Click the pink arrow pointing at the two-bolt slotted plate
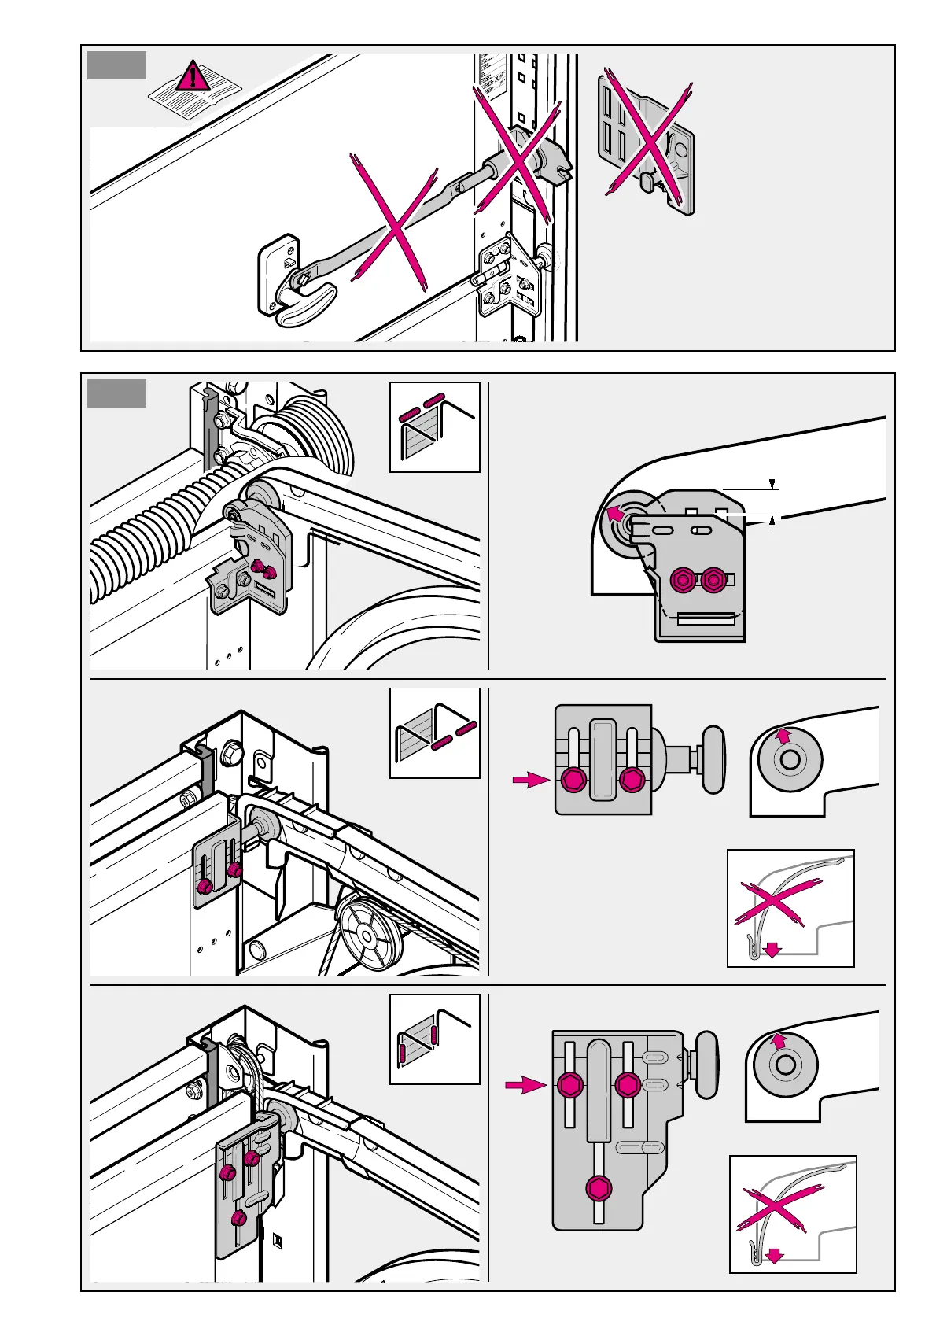(x=529, y=780)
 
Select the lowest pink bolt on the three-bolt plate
(x=599, y=1187)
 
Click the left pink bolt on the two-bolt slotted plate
(x=574, y=781)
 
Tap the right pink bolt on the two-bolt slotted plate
(x=632, y=781)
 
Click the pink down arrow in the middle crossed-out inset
(x=772, y=950)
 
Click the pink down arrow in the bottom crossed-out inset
(x=775, y=1256)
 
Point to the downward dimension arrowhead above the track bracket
(x=773, y=483)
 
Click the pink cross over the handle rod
(x=394, y=222)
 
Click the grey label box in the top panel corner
(x=116, y=65)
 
